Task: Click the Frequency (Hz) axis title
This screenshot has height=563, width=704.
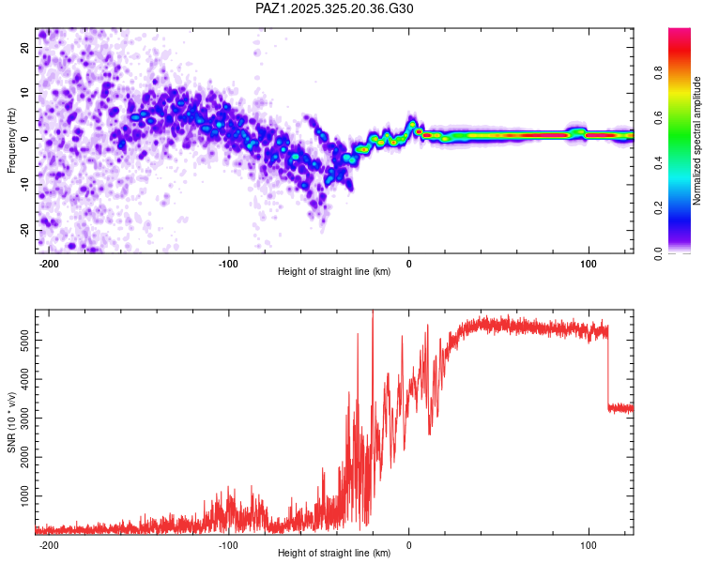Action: coord(11,140)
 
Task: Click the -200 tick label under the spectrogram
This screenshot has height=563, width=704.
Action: coord(49,264)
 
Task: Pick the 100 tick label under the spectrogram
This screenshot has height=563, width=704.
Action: coord(589,264)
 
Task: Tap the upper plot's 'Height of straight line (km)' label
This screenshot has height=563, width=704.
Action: coord(334,272)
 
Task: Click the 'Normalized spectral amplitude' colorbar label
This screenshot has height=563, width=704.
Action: coord(696,141)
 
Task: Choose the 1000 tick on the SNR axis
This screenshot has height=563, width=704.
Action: coord(23,494)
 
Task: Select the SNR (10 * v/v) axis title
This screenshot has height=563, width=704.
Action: coord(11,423)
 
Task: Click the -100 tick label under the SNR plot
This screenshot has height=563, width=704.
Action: coord(228,545)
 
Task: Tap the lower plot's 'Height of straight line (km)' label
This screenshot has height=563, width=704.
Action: coord(334,554)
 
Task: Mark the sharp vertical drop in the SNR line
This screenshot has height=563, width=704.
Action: coord(608,366)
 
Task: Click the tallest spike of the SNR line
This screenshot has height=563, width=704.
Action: coord(373,313)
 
